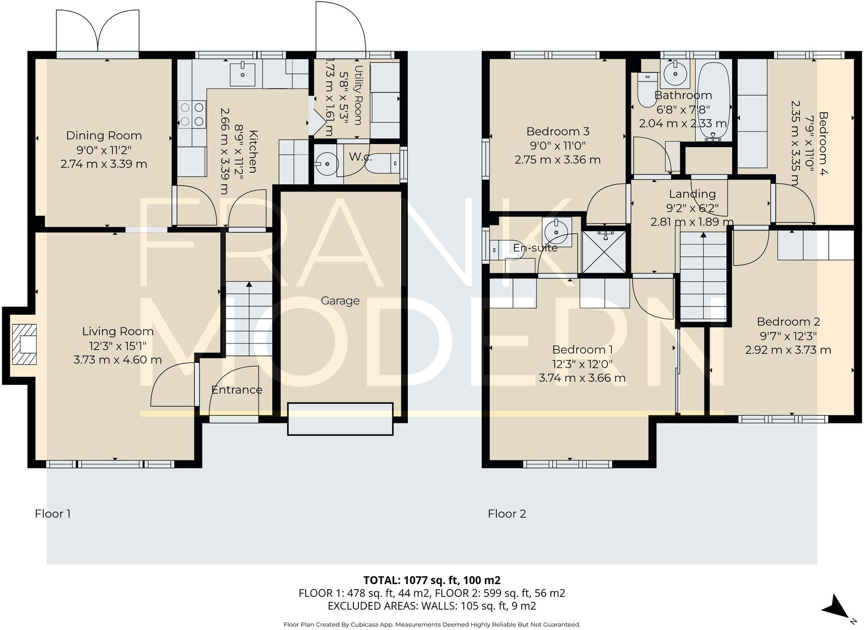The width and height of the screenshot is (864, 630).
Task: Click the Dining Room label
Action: pyautogui.click(x=104, y=135)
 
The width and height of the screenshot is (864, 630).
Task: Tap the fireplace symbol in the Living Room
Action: pyautogui.click(x=24, y=344)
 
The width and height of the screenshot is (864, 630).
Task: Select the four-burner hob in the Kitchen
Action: pyautogui.click(x=192, y=114)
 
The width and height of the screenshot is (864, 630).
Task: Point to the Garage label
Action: pyautogui.click(x=340, y=301)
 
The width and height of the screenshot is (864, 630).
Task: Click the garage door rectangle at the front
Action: pyautogui.click(x=340, y=418)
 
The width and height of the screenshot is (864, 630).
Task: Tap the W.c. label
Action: pyautogui.click(x=360, y=157)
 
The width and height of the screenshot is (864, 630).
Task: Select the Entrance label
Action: pyautogui.click(x=237, y=390)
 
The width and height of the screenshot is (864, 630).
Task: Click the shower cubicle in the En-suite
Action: pyautogui.click(x=604, y=252)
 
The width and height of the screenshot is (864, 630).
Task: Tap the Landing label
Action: pyautogui.click(x=692, y=194)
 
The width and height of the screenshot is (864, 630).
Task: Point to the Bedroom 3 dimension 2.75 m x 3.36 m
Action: pyautogui.click(x=557, y=160)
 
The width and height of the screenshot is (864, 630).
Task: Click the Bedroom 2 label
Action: pyautogui.click(x=788, y=321)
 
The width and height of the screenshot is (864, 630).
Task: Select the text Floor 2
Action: pyautogui.click(x=507, y=514)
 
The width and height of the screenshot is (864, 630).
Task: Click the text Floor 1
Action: pyautogui.click(x=52, y=514)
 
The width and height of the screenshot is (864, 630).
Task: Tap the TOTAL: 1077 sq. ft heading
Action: pyautogui.click(x=431, y=580)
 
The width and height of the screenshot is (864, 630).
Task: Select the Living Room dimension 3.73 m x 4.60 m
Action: pyautogui.click(x=117, y=360)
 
